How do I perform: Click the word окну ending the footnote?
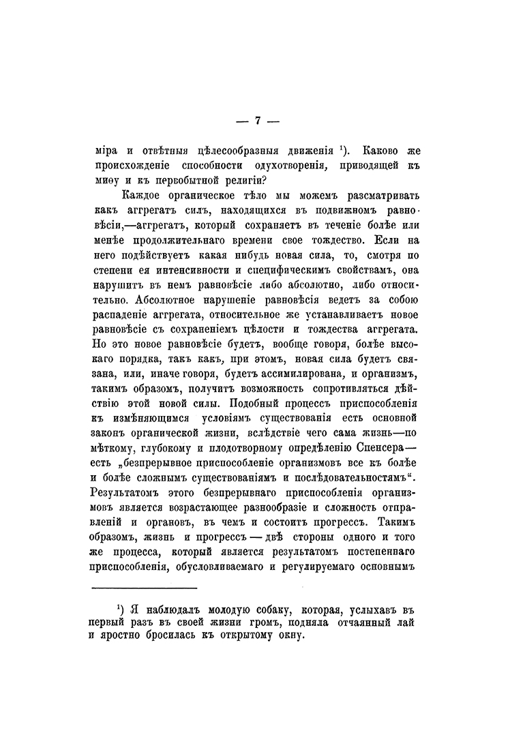coord(285,637)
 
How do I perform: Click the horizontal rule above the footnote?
coord(144,587)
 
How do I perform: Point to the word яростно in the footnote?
coord(119,637)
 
